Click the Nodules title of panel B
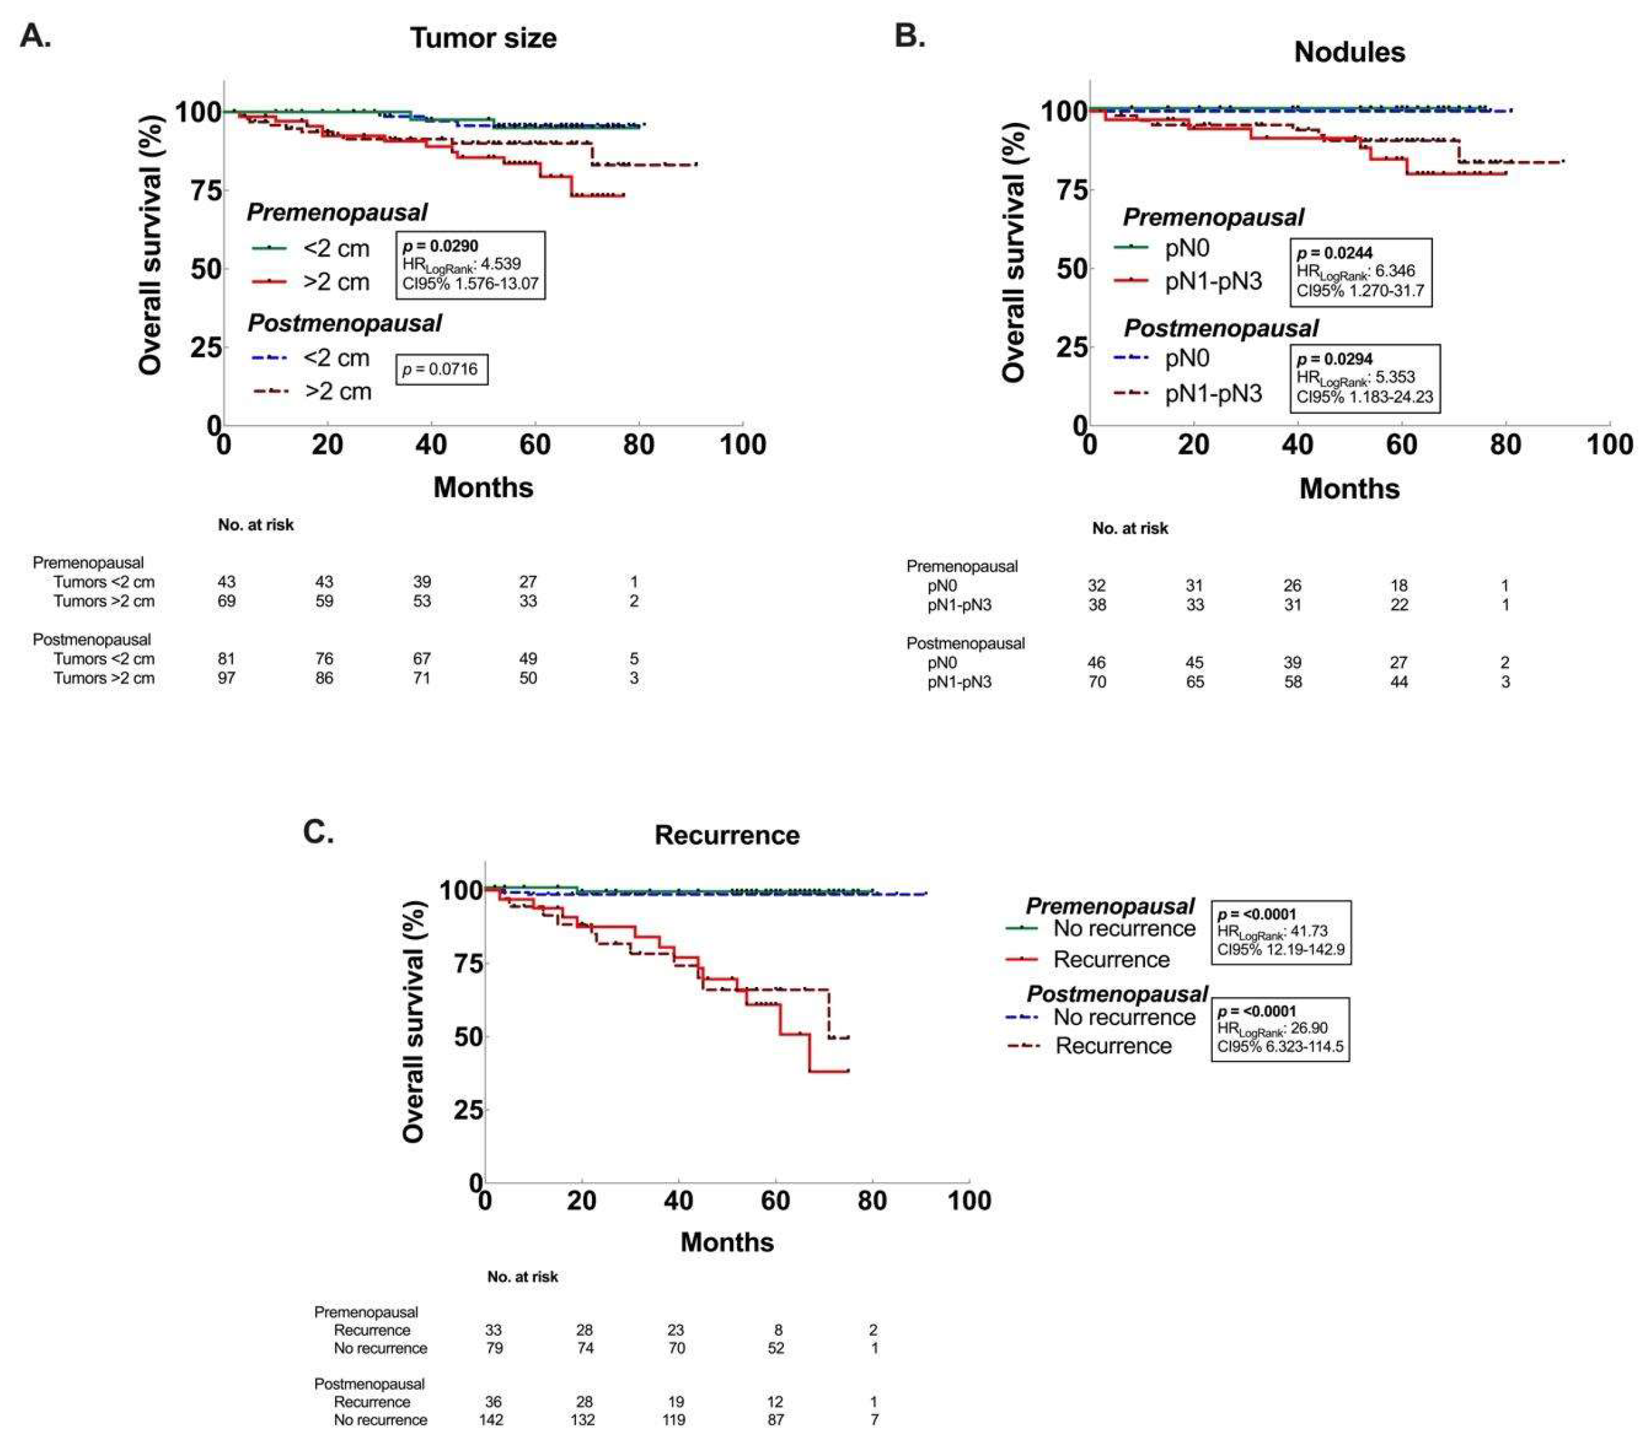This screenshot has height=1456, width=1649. (x=1349, y=53)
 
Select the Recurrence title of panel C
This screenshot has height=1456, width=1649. (x=726, y=835)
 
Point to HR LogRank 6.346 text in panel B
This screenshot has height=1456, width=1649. (x=1355, y=271)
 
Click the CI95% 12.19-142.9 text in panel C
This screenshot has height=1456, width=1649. (x=1280, y=950)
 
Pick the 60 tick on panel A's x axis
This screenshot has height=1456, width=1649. (x=534, y=445)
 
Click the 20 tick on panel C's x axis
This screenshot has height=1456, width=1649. (x=581, y=1201)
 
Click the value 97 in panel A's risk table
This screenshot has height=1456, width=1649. (x=227, y=678)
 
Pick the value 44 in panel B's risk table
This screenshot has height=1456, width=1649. (x=1398, y=682)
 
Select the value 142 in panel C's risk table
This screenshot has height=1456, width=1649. (x=491, y=1420)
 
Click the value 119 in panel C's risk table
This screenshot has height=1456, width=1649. (x=673, y=1420)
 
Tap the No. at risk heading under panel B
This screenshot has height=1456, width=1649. (x=1129, y=529)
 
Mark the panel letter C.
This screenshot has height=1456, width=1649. (x=318, y=831)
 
